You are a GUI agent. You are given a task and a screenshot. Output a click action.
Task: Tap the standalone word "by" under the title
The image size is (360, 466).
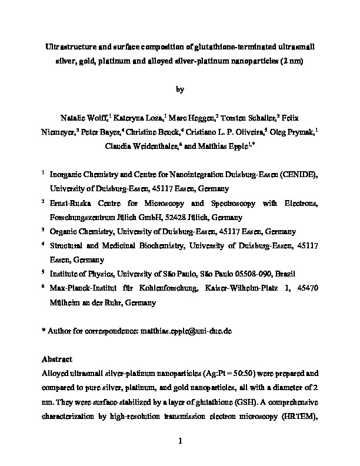tap(180, 89)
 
